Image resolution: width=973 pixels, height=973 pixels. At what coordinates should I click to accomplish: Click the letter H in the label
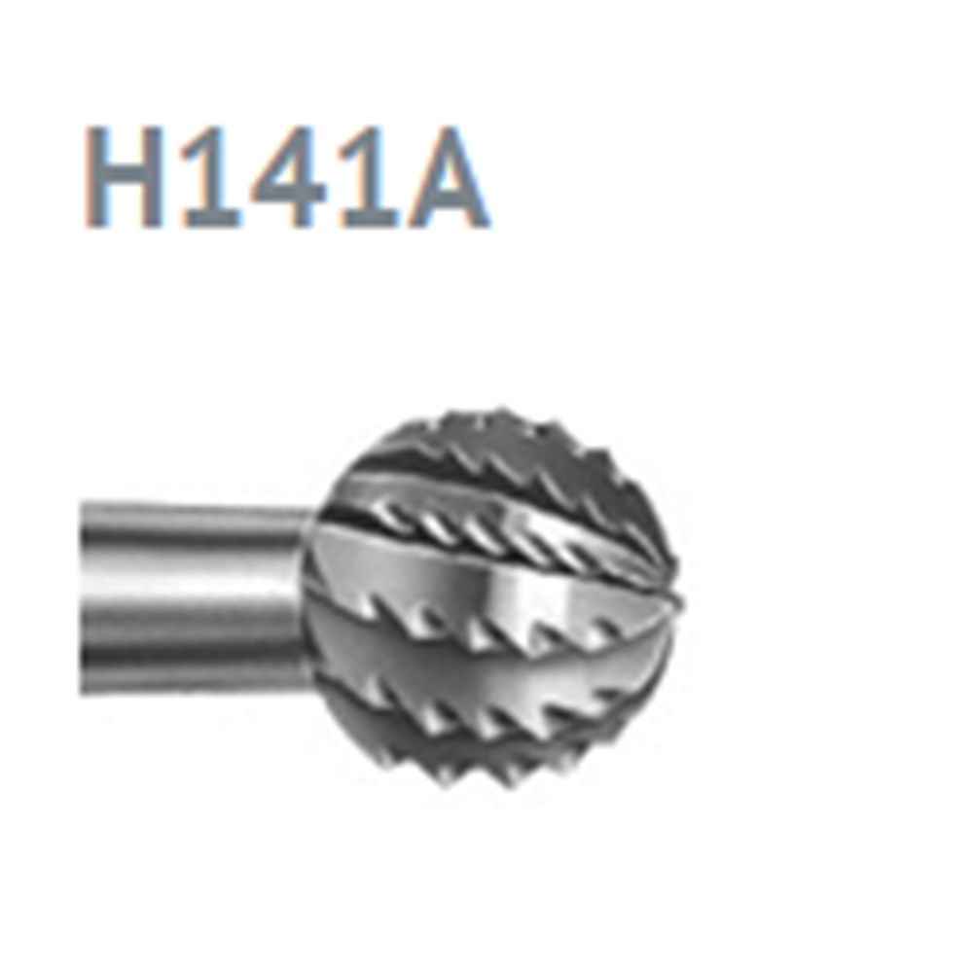coord(125,177)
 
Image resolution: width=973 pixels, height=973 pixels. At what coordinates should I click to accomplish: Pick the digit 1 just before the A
coord(368,177)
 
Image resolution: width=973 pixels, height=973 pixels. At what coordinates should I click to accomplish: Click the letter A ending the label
coord(448,177)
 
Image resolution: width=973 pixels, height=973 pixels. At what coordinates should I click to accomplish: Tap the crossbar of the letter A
coord(448,198)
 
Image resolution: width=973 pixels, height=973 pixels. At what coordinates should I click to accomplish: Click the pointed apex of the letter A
coord(449,129)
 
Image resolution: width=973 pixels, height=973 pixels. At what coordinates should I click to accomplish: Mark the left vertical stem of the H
coord(94,177)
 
